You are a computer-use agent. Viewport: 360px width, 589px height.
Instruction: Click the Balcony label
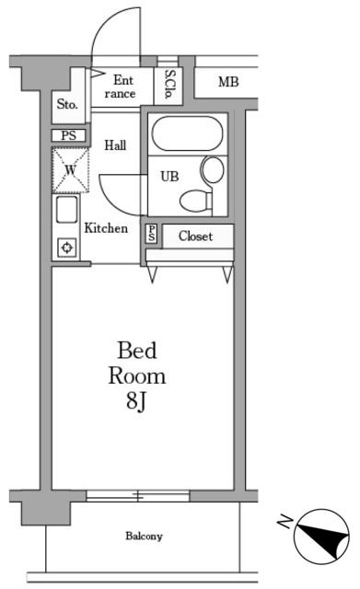(144, 536)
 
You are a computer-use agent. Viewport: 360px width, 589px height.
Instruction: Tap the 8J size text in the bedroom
(136, 401)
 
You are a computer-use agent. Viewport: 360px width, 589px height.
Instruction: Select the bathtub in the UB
(187, 133)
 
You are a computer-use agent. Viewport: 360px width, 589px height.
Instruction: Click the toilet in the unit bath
(196, 201)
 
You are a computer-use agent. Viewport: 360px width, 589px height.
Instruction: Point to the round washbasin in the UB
(213, 169)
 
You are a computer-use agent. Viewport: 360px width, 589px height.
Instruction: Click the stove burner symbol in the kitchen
(67, 248)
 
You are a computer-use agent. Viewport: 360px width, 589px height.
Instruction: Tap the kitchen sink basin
(67, 209)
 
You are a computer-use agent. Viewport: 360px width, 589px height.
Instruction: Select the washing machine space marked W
(71, 170)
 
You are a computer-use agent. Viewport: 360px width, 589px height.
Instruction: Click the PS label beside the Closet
(151, 234)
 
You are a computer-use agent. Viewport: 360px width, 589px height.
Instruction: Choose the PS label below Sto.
(68, 135)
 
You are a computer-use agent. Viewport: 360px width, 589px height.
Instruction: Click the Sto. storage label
(67, 104)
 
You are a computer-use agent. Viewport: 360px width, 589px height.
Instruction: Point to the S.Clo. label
(169, 85)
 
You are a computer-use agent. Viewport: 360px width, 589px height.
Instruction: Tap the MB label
(228, 82)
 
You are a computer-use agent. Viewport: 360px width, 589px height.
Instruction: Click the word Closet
(195, 236)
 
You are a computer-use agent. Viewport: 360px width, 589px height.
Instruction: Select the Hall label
(115, 145)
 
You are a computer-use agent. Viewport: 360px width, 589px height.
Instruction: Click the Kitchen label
(106, 228)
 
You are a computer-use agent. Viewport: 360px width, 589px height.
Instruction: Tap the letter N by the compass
(285, 522)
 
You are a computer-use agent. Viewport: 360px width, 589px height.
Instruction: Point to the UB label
(169, 176)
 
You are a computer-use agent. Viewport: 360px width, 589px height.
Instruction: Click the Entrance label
(121, 87)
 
